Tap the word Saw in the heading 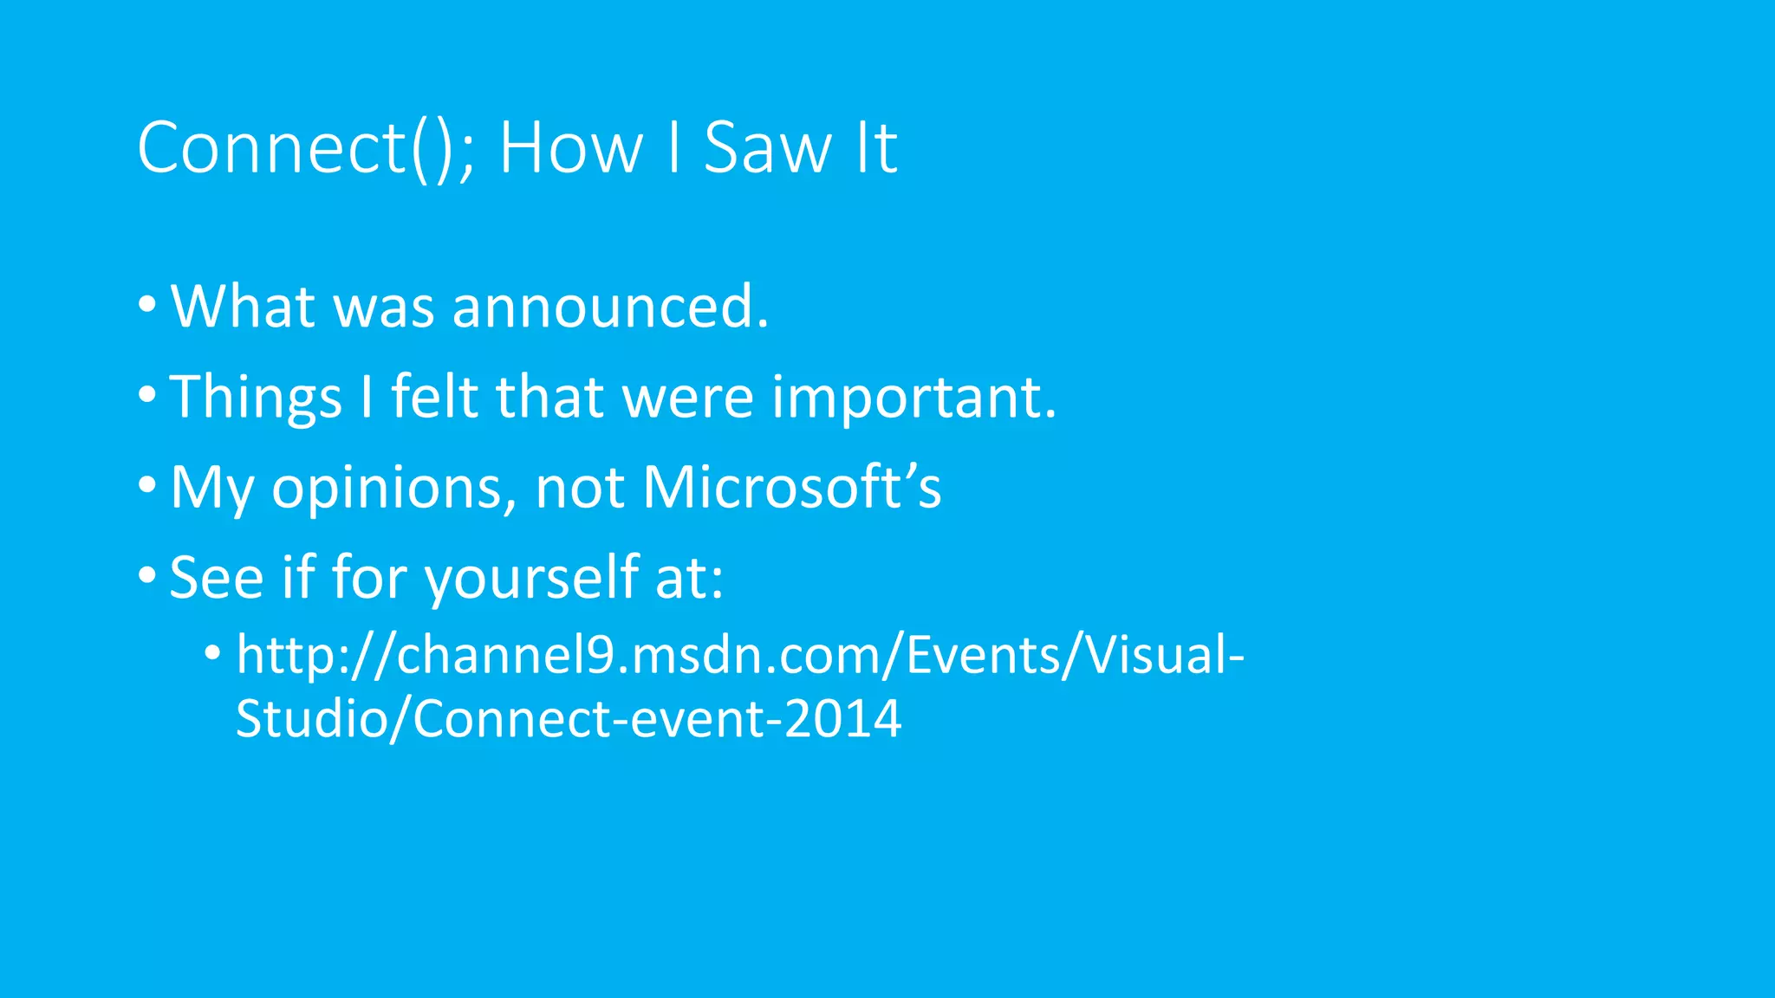tap(767, 148)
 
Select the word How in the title tap(571, 148)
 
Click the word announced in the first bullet tap(609, 307)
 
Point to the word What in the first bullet tap(242, 307)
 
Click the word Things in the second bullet tap(256, 397)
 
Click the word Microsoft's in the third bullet tap(791, 487)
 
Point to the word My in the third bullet tap(211, 489)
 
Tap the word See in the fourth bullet tap(216, 578)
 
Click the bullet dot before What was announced tap(147, 305)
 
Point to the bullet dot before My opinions tap(147, 485)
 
